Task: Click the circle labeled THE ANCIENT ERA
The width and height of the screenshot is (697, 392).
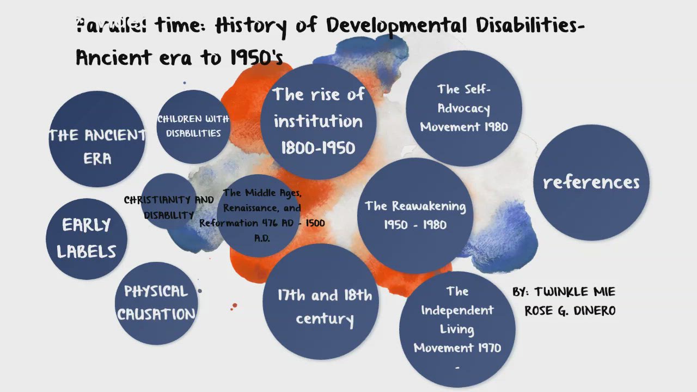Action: pyautogui.click(x=96, y=139)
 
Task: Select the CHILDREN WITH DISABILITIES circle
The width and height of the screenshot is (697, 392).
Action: pyautogui.click(x=193, y=126)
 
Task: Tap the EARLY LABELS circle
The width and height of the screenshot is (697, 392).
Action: pyautogui.click(x=87, y=238)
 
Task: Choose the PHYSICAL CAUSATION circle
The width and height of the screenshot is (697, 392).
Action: pyautogui.click(x=156, y=303)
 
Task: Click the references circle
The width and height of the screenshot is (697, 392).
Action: pyautogui.click(x=591, y=182)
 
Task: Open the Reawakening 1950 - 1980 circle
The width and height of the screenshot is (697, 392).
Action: pyautogui.click(x=415, y=215)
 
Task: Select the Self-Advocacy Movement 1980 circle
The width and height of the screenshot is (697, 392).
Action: pyautogui.click(x=464, y=108)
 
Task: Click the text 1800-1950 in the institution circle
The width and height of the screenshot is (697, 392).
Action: pyautogui.click(x=318, y=148)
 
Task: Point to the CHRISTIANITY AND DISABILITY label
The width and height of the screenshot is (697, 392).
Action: pyautogui.click(x=169, y=207)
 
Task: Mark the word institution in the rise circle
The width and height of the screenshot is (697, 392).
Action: pyautogui.click(x=318, y=121)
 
